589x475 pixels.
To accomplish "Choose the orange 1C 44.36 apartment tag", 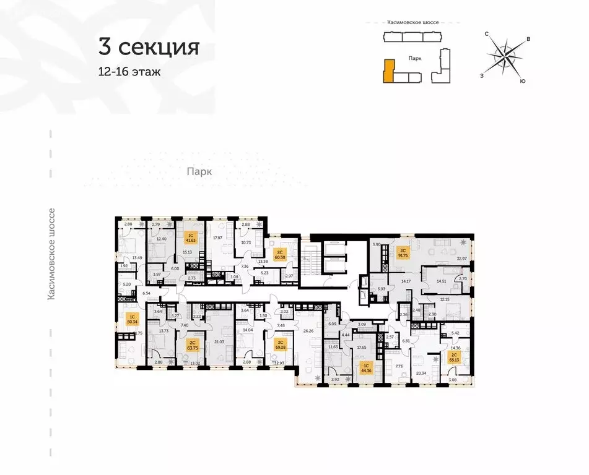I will (366, 369).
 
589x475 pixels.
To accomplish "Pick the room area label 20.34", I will (422, 374).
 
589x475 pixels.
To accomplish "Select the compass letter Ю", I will (523, 81).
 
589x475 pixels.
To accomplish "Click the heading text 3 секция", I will (148, 47).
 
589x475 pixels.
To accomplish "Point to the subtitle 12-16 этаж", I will (129, 72).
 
